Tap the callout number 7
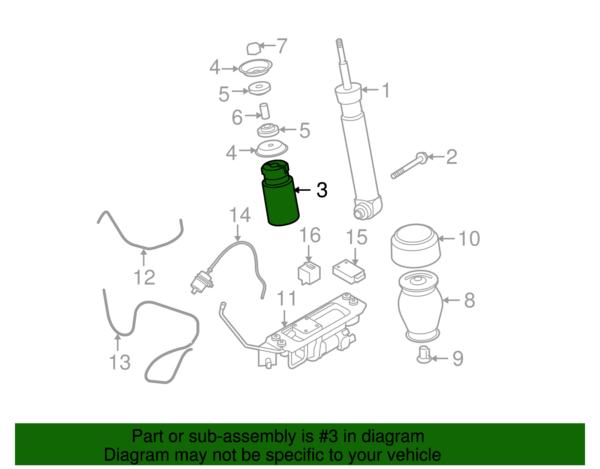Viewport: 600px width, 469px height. (x=282, y=46)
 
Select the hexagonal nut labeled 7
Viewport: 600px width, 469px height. (x=253, y=49)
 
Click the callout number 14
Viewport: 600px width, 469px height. (x=240, y=215)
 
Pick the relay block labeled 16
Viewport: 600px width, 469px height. (x=309, y=273)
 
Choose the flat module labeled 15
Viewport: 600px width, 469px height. (x=349, y=271)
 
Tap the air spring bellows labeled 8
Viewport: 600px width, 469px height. (x=420, y=306)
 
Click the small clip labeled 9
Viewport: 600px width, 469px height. (x=424, y=354)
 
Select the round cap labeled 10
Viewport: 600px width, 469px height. (x=415, y=246)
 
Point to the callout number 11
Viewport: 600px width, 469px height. (x=286, y=299)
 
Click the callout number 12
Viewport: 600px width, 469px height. (x=144, y=277)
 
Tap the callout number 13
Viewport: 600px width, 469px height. (x=120, y=362)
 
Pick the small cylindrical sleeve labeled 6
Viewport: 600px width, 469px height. (x=264, y=111)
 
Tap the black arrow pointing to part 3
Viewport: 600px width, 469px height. (x=302, y=190)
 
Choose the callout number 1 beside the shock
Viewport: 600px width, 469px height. (x=386, y=90)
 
